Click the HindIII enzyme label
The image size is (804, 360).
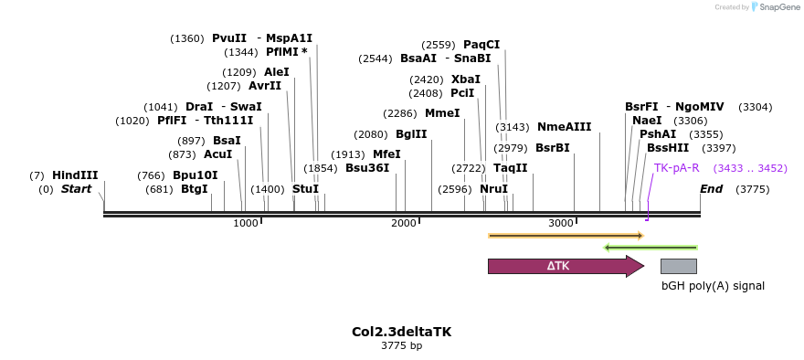[75, 175]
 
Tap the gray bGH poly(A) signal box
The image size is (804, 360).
[678, 266]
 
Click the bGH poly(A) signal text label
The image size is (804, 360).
[713, 286]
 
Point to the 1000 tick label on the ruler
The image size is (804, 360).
[246, 224]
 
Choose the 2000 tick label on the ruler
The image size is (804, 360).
[404, 224]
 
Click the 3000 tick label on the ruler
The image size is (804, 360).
[561, 224]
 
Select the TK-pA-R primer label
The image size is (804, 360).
[676, 168]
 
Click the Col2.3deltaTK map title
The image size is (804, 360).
[401, 332]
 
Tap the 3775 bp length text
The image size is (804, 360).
[401, 345]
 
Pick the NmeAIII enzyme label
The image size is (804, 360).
[564, 127]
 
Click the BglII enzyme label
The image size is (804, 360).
[411, 133]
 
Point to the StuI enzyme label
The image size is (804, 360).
[305, 189]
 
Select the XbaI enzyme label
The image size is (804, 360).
[465, 79]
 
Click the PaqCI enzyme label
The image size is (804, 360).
[481, 45]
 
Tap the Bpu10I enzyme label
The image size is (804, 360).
[195, 175]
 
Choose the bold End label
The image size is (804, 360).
[711, 189]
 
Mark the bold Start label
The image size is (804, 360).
[77, 189]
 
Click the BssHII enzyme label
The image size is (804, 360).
[668, 148]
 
